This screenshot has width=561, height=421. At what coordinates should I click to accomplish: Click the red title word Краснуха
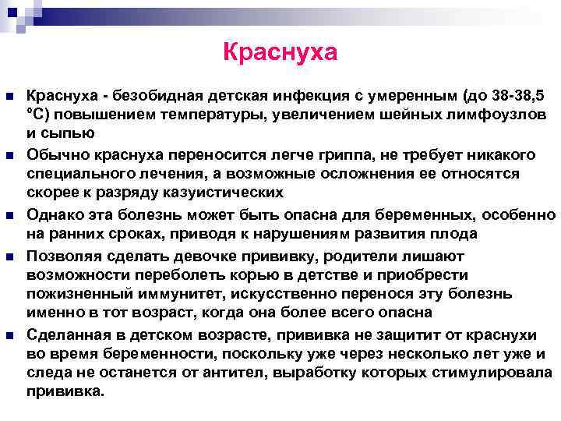tap(280, 52)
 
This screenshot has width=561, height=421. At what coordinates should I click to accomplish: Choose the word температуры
tap(172, 114)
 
